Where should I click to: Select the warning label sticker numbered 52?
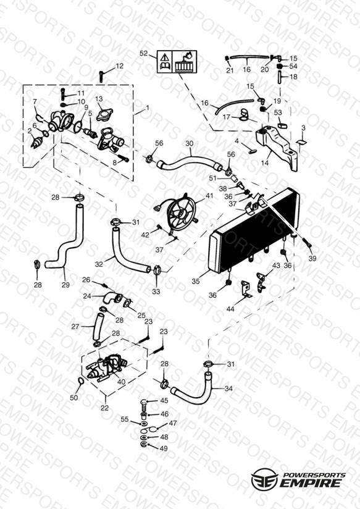[x=177, y=61]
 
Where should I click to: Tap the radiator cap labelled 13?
[x=104, y=114]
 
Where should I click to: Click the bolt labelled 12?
[x=101, y=77]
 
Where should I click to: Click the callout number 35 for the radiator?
[x=195, y=281]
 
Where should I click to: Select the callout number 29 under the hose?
[x=65, y=285]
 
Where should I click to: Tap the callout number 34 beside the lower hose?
[x=228, y=389]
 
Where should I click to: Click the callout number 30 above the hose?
[x=190, y=143]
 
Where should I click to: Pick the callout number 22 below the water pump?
[x=104, y=408]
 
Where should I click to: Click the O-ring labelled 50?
[x=81, y=381]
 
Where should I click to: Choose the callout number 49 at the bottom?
[x=164, y=448]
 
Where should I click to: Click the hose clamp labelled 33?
[x=157, y=269]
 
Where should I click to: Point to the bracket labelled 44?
[x=246, y=290]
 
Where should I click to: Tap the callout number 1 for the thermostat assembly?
[x=148, y=107]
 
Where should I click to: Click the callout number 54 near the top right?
[x=293, y=67]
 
